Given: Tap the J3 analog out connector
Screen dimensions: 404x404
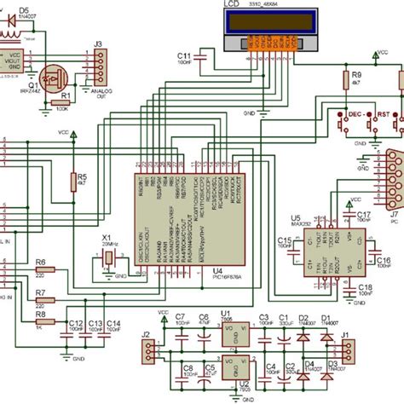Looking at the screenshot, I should tap(99, 66).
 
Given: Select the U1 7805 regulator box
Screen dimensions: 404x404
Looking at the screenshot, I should tap(228, 338).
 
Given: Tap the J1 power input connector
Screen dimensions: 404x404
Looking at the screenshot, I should tap(350, 351).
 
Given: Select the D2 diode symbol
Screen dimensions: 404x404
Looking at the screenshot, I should tap(304, 334).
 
